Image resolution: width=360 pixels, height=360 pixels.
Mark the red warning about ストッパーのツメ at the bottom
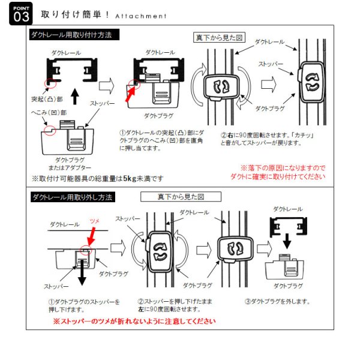point(134,321)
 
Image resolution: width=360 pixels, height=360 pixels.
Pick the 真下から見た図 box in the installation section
point(219,38)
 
